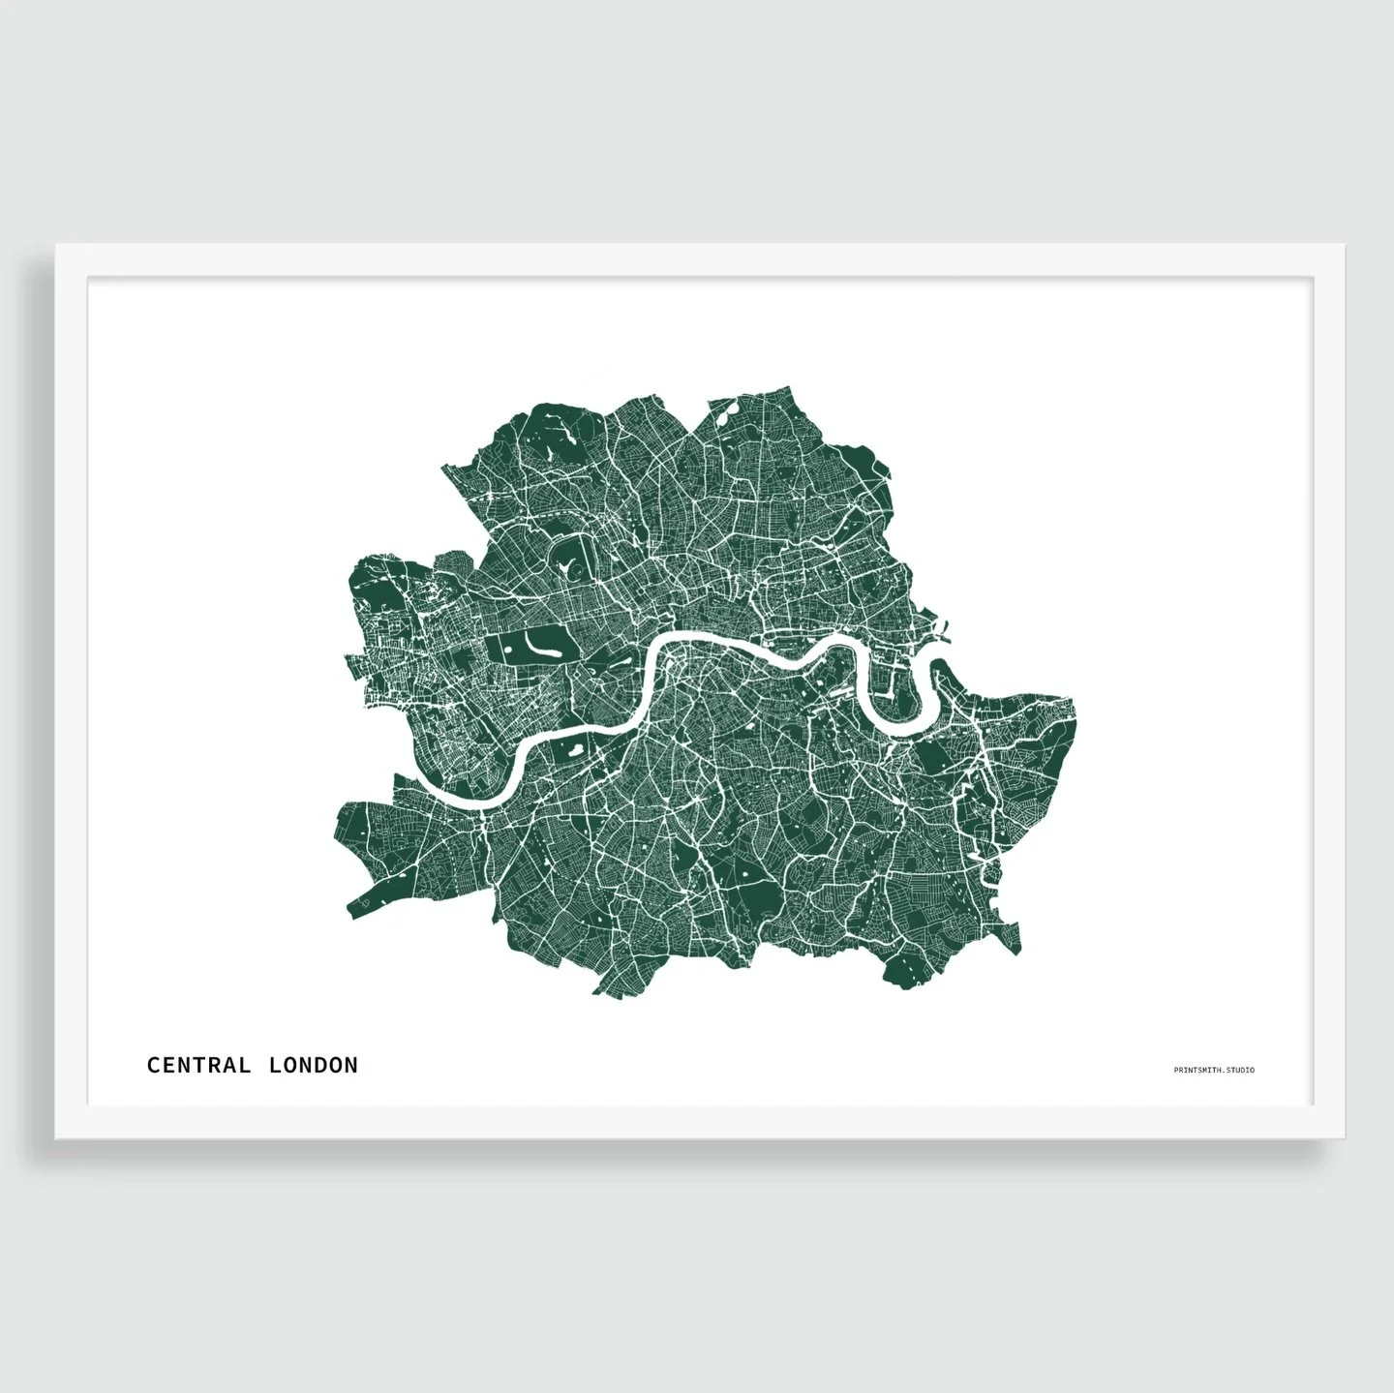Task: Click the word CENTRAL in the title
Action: pos(198,1065)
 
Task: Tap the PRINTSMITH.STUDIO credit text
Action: pos(1213,1070)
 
